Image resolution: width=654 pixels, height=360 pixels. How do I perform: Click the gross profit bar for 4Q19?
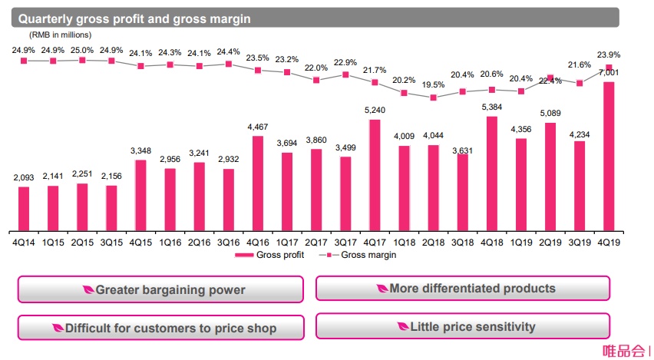point(609,157)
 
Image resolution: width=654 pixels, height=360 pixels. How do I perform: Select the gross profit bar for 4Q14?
point(24,209)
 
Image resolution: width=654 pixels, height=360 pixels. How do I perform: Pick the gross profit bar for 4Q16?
point(258,184)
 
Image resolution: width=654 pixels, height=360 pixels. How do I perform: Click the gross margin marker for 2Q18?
point(434,97)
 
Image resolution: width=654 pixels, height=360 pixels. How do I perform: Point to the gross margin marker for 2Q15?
point(82,59)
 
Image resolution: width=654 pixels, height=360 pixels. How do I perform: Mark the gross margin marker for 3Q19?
point(580,83)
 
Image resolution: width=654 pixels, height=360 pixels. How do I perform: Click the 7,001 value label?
point(609,73)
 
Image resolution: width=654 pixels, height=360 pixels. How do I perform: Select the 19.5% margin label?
point(434,85)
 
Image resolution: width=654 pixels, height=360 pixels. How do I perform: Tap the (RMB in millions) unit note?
point(61,35)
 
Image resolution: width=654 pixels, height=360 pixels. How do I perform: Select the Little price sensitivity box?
point(463,327)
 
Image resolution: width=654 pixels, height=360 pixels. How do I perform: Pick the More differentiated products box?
point(463,289)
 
